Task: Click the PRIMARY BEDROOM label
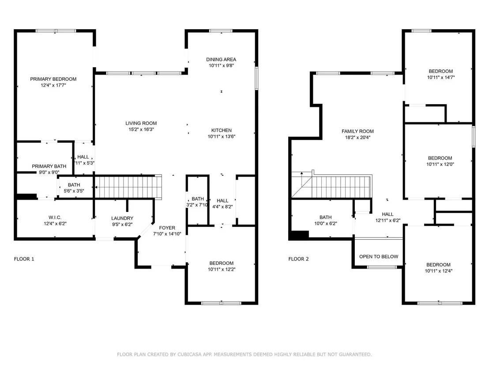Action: click(53, 79)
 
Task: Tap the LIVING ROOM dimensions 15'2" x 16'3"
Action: click(141, 129)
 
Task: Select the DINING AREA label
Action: click(221, 59)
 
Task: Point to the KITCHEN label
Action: click(222, 130)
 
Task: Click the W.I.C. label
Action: click(55, 217)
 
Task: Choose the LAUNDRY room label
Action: click(122, 218)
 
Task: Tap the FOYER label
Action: click(167, 228)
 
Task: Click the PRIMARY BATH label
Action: click(49, 166)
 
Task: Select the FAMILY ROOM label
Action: click(357, 131)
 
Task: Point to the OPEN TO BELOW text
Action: click(379, 257)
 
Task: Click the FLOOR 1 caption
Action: click(24, 259)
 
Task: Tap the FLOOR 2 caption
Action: click(298, 259)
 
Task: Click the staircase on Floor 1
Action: click(128, 187)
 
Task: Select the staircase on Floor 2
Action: click(332, 186)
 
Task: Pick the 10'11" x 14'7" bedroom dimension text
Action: click(440, 77)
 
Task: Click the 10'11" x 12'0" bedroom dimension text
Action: click(440, 164)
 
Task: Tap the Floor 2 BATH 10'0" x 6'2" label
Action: click(326, 220)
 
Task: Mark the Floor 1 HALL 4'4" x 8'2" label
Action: click(222, 204)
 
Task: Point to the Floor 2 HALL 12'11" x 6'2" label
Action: click(387, 217)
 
